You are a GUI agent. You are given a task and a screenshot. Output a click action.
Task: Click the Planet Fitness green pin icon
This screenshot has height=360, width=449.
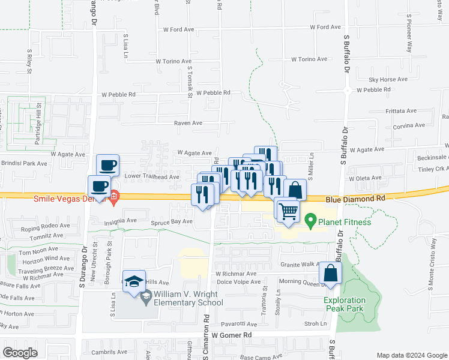[310, 221]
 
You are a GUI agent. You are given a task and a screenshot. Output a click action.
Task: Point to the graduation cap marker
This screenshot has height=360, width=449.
[134, 281]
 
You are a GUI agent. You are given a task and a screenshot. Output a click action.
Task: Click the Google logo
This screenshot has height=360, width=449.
[20, 352]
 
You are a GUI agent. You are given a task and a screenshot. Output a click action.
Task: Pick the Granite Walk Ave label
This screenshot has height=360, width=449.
[303, 264]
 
